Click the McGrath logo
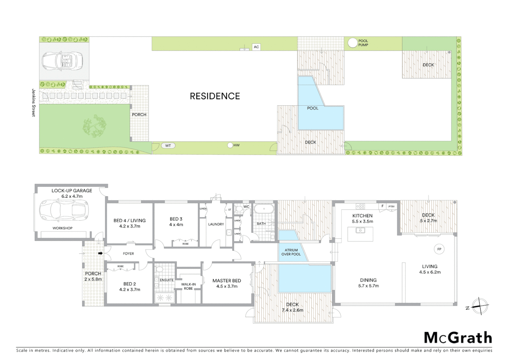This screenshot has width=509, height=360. [458, 338]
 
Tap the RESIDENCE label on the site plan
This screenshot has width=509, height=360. [215, 96]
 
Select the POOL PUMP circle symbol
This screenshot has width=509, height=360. [352, 43]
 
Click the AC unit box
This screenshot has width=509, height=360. [256, 47]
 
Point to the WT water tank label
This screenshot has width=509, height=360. [168, 146]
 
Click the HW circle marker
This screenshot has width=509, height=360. [230, 145]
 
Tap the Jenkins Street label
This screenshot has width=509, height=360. [33, 103]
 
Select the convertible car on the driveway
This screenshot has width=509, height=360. [62, 61]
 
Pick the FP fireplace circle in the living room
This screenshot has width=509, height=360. [439, 249]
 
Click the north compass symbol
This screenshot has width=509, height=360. [480, 306]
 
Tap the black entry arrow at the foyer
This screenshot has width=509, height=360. [100, 253]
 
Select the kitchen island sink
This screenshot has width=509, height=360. [360, 230]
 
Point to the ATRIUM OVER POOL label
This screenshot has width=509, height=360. [291, 252]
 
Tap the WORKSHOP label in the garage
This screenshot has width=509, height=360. [62, 228]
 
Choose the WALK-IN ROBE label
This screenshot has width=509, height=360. [188, 286]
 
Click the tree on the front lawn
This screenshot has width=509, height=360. [95, 126]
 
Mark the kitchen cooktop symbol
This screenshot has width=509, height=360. [360, 206]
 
